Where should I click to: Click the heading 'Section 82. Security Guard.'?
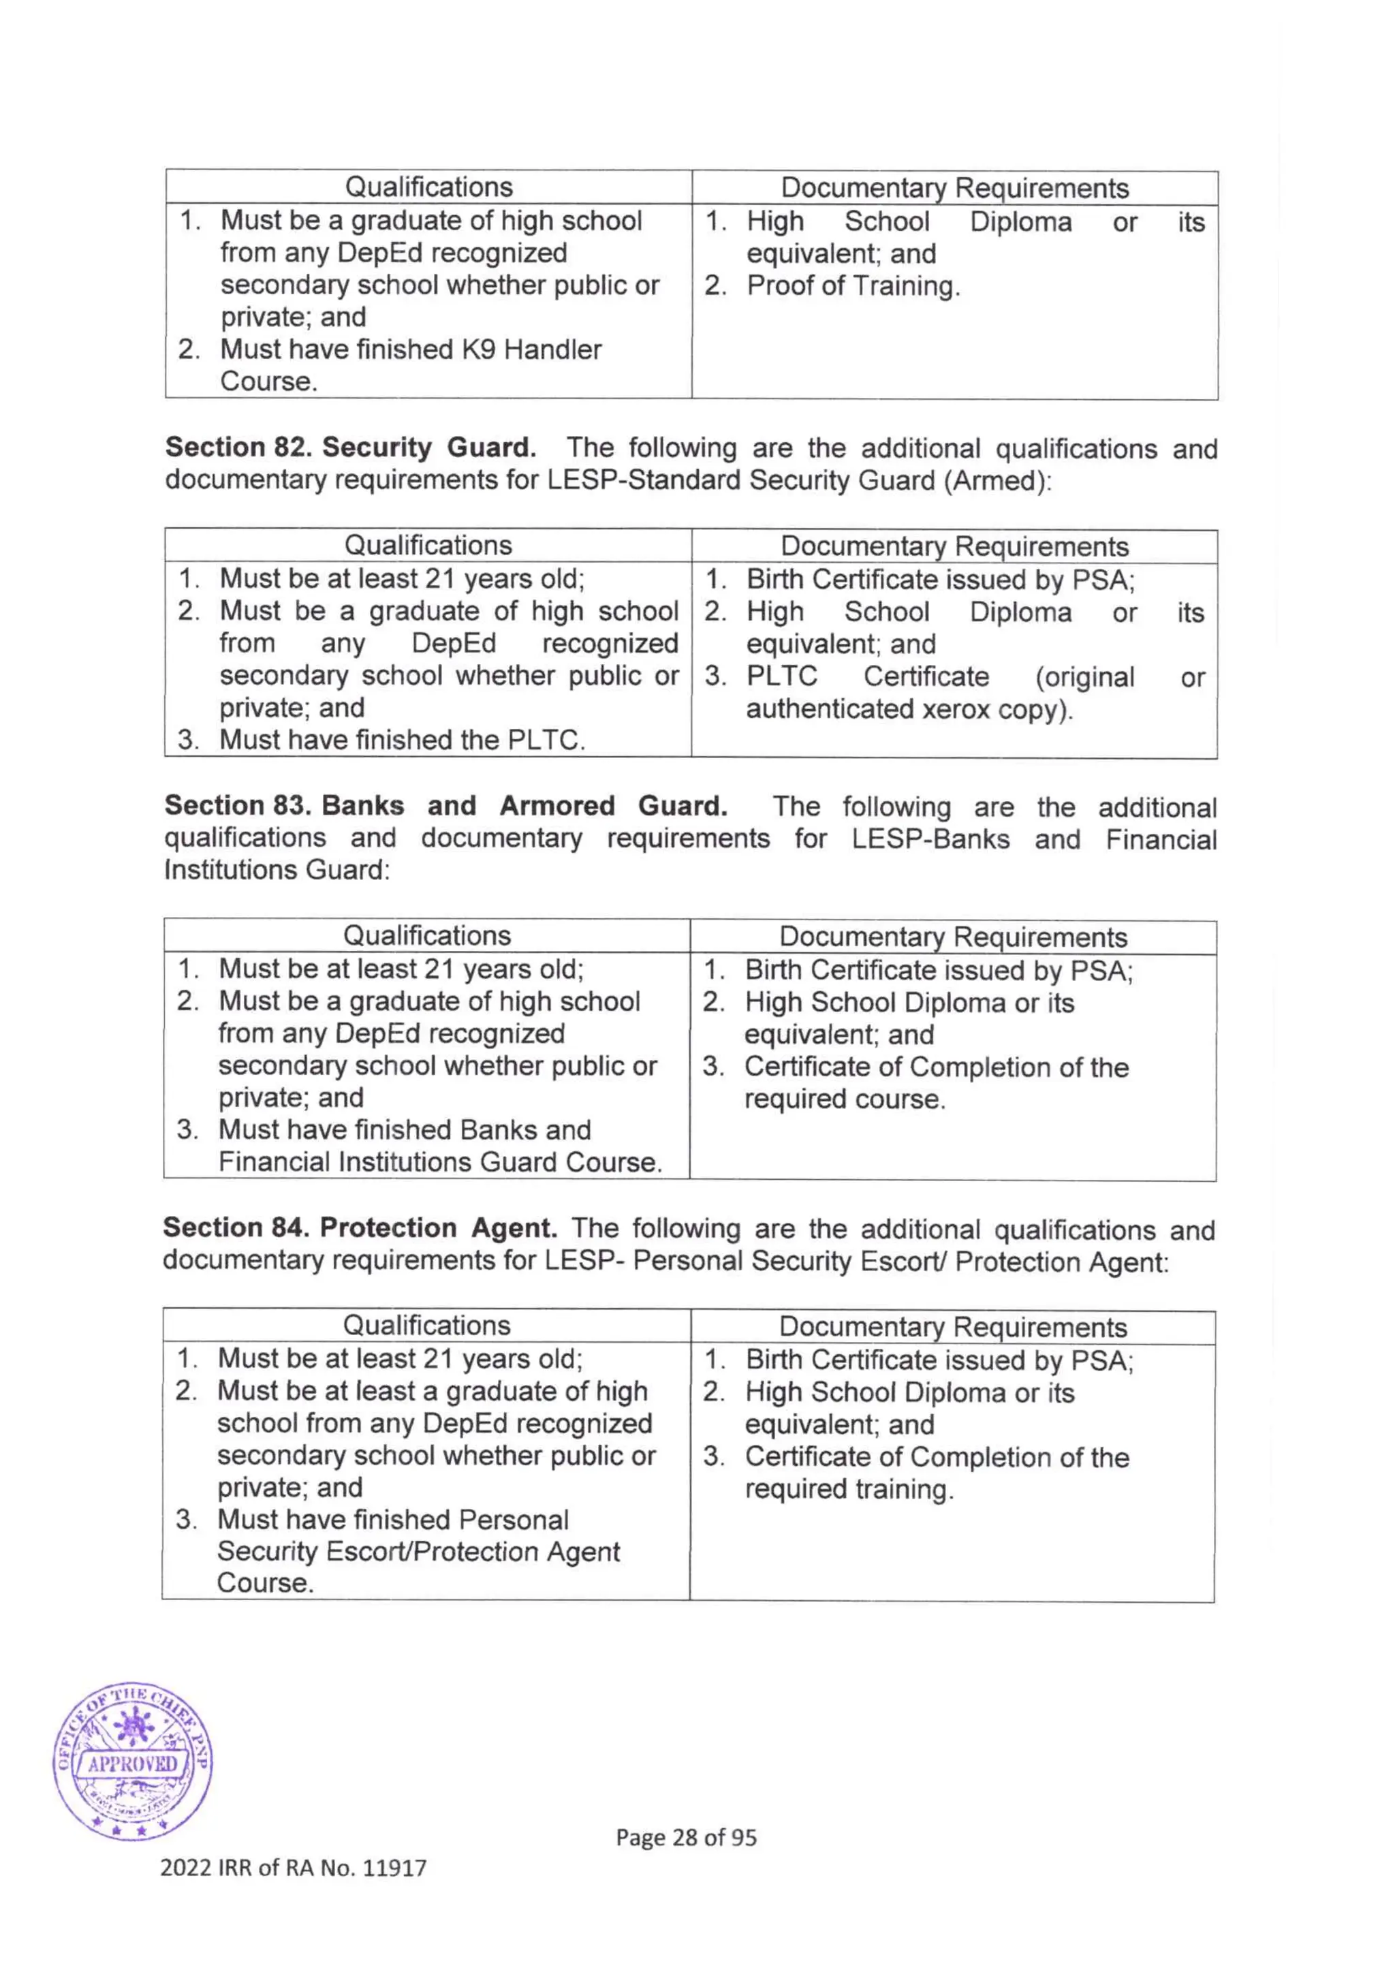point(351,447)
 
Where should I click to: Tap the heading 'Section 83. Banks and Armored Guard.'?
point(446,805)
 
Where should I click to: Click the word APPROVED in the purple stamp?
point(132,1764)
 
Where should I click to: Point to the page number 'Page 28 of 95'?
point(685,1837)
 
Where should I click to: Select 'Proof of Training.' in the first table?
point(853,285)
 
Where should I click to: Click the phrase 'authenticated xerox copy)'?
point(909,710)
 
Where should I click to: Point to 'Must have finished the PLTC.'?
point(402,740)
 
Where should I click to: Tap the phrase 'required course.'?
point(845,1099)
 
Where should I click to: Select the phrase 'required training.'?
point(849,1489)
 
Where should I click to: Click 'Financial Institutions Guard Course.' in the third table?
point(440,1161)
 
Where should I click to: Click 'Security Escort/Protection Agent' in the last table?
point(418,1552)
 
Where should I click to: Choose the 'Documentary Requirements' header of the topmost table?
point(954,187)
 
